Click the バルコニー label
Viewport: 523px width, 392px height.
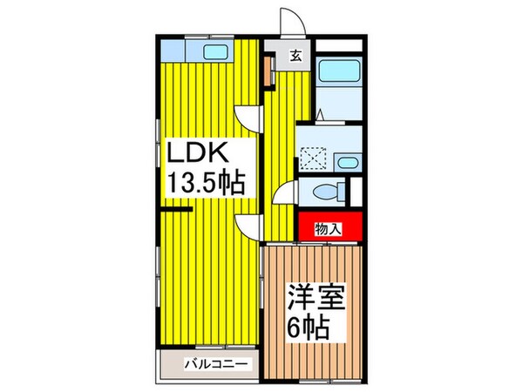[217, 364]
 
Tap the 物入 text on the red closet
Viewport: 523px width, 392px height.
[328, 229]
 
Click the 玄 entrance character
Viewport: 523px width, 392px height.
[296, 57]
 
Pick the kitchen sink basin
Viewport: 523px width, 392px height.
[215, 51]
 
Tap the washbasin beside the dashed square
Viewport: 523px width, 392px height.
[348, 161]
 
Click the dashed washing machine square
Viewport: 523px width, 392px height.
[312, 158]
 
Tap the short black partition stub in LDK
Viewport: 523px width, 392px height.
[174, 210]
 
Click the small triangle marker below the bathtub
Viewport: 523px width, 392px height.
[322, 113]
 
